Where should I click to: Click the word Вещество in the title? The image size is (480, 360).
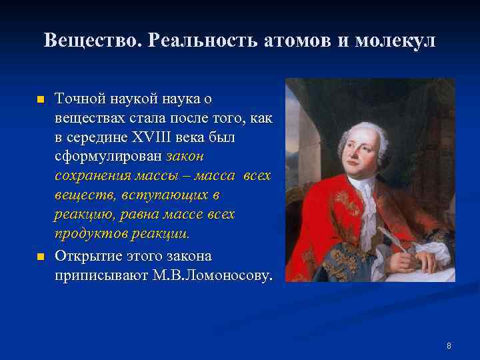94,41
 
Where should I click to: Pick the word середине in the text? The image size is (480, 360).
100,137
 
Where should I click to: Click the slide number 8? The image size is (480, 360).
449,346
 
